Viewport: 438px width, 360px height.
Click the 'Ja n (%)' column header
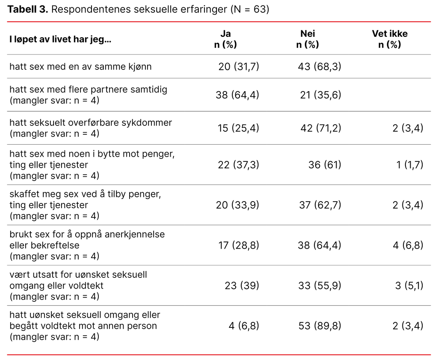pos(225,39)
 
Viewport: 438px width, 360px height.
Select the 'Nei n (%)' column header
pos(307,39)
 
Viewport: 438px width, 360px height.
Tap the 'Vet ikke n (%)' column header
pos(389,39)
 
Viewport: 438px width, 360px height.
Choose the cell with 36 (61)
pos(325,164)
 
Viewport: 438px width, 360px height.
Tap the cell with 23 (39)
pos(242,285)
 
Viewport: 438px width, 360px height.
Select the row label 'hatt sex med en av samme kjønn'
pos(80,66)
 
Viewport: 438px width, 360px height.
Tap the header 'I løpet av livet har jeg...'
pos(60,40)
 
